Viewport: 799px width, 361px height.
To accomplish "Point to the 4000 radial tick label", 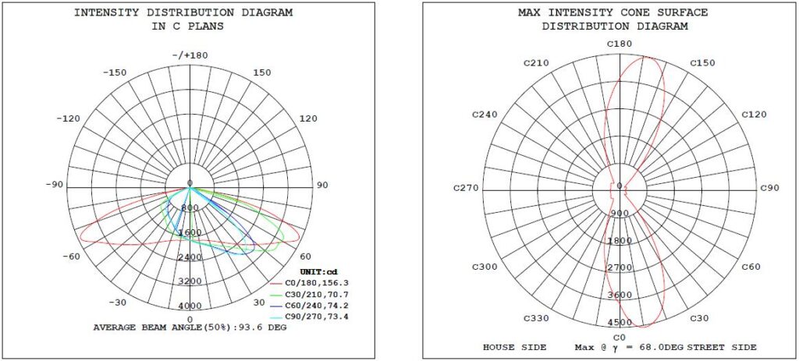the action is coord(190,306).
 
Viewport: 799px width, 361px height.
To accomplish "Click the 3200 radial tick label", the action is coord(190,281).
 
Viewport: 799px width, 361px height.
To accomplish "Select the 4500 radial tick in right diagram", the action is coord(620,322).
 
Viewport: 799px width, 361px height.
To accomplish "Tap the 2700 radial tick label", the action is coord(620,267).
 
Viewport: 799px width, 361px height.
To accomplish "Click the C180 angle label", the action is coord(620,44).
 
